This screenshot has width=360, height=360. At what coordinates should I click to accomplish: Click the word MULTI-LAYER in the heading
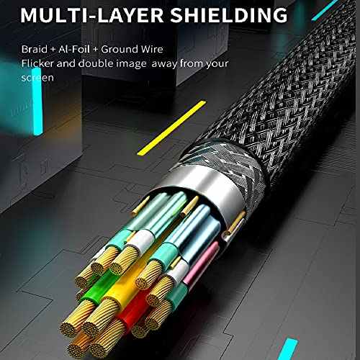tap(92, 15)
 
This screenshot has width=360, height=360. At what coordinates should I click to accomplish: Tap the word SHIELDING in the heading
tap(229, 15)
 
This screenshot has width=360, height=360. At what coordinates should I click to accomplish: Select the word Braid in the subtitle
tap(35, 49)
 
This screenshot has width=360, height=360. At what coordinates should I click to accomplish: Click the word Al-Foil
tap(74, 49)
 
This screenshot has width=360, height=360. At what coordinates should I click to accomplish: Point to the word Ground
tap(120, 50)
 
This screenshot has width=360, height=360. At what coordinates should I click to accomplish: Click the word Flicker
tap(37, 63)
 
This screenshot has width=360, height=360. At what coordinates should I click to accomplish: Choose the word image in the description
tap(132, 64)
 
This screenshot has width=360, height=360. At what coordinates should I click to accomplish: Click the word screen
tap(37, 78)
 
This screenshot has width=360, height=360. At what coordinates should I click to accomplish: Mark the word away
tap(164, 64)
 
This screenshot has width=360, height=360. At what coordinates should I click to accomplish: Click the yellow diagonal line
tap(172, 128)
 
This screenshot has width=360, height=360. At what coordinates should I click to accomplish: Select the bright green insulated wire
tap(96, 288)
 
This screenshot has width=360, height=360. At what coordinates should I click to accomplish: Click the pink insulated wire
tap(202, 264)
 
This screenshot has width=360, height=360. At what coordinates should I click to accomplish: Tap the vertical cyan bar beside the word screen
tap(37, 102)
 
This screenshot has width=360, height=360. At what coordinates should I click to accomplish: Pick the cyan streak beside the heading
tap(325, 10)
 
